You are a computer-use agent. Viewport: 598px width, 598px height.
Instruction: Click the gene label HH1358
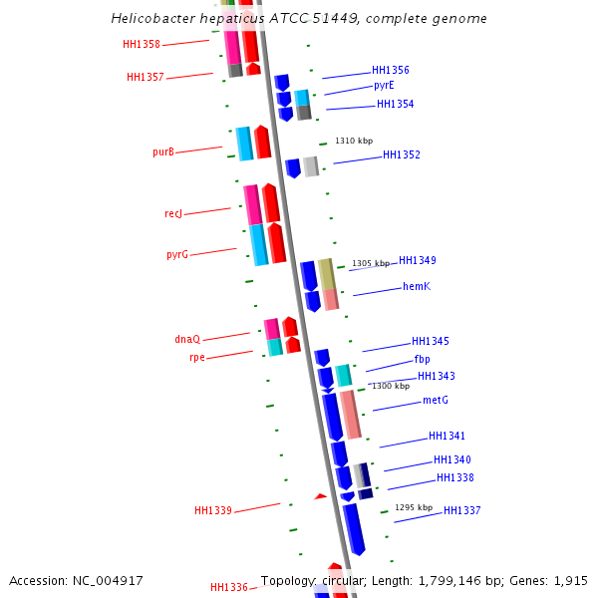click(141, 44)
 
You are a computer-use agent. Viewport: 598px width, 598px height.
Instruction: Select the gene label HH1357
click(145, 77)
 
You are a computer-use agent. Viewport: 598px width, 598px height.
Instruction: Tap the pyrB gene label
click(162, 151)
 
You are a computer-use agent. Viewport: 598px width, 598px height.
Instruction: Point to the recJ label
click(172, 213)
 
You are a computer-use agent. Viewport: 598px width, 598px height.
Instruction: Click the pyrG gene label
click(176, 254)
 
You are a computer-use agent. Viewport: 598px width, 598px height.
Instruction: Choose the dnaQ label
click(186, 339)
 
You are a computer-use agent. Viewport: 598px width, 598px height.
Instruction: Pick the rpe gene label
click(196, 357)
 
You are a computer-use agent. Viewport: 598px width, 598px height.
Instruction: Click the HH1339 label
click(212, 510)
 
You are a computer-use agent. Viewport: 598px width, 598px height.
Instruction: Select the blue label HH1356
click(390, 70)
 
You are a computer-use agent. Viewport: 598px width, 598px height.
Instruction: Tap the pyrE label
click(384, 86)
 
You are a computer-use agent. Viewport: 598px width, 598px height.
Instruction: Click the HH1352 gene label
click(401, 154)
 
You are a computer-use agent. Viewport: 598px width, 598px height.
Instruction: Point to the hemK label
click(416, 286)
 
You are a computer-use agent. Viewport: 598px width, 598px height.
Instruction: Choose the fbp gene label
click(422, 359)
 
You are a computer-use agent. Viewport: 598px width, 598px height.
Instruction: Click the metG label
click(435, 400)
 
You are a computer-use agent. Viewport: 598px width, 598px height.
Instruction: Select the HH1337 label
click(461, 510)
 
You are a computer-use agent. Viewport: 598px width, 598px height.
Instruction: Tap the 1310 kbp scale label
click(353, 141)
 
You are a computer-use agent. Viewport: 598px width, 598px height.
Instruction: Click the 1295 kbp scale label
click(413, 507)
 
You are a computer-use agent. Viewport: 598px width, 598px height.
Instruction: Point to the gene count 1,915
click(570, 580)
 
